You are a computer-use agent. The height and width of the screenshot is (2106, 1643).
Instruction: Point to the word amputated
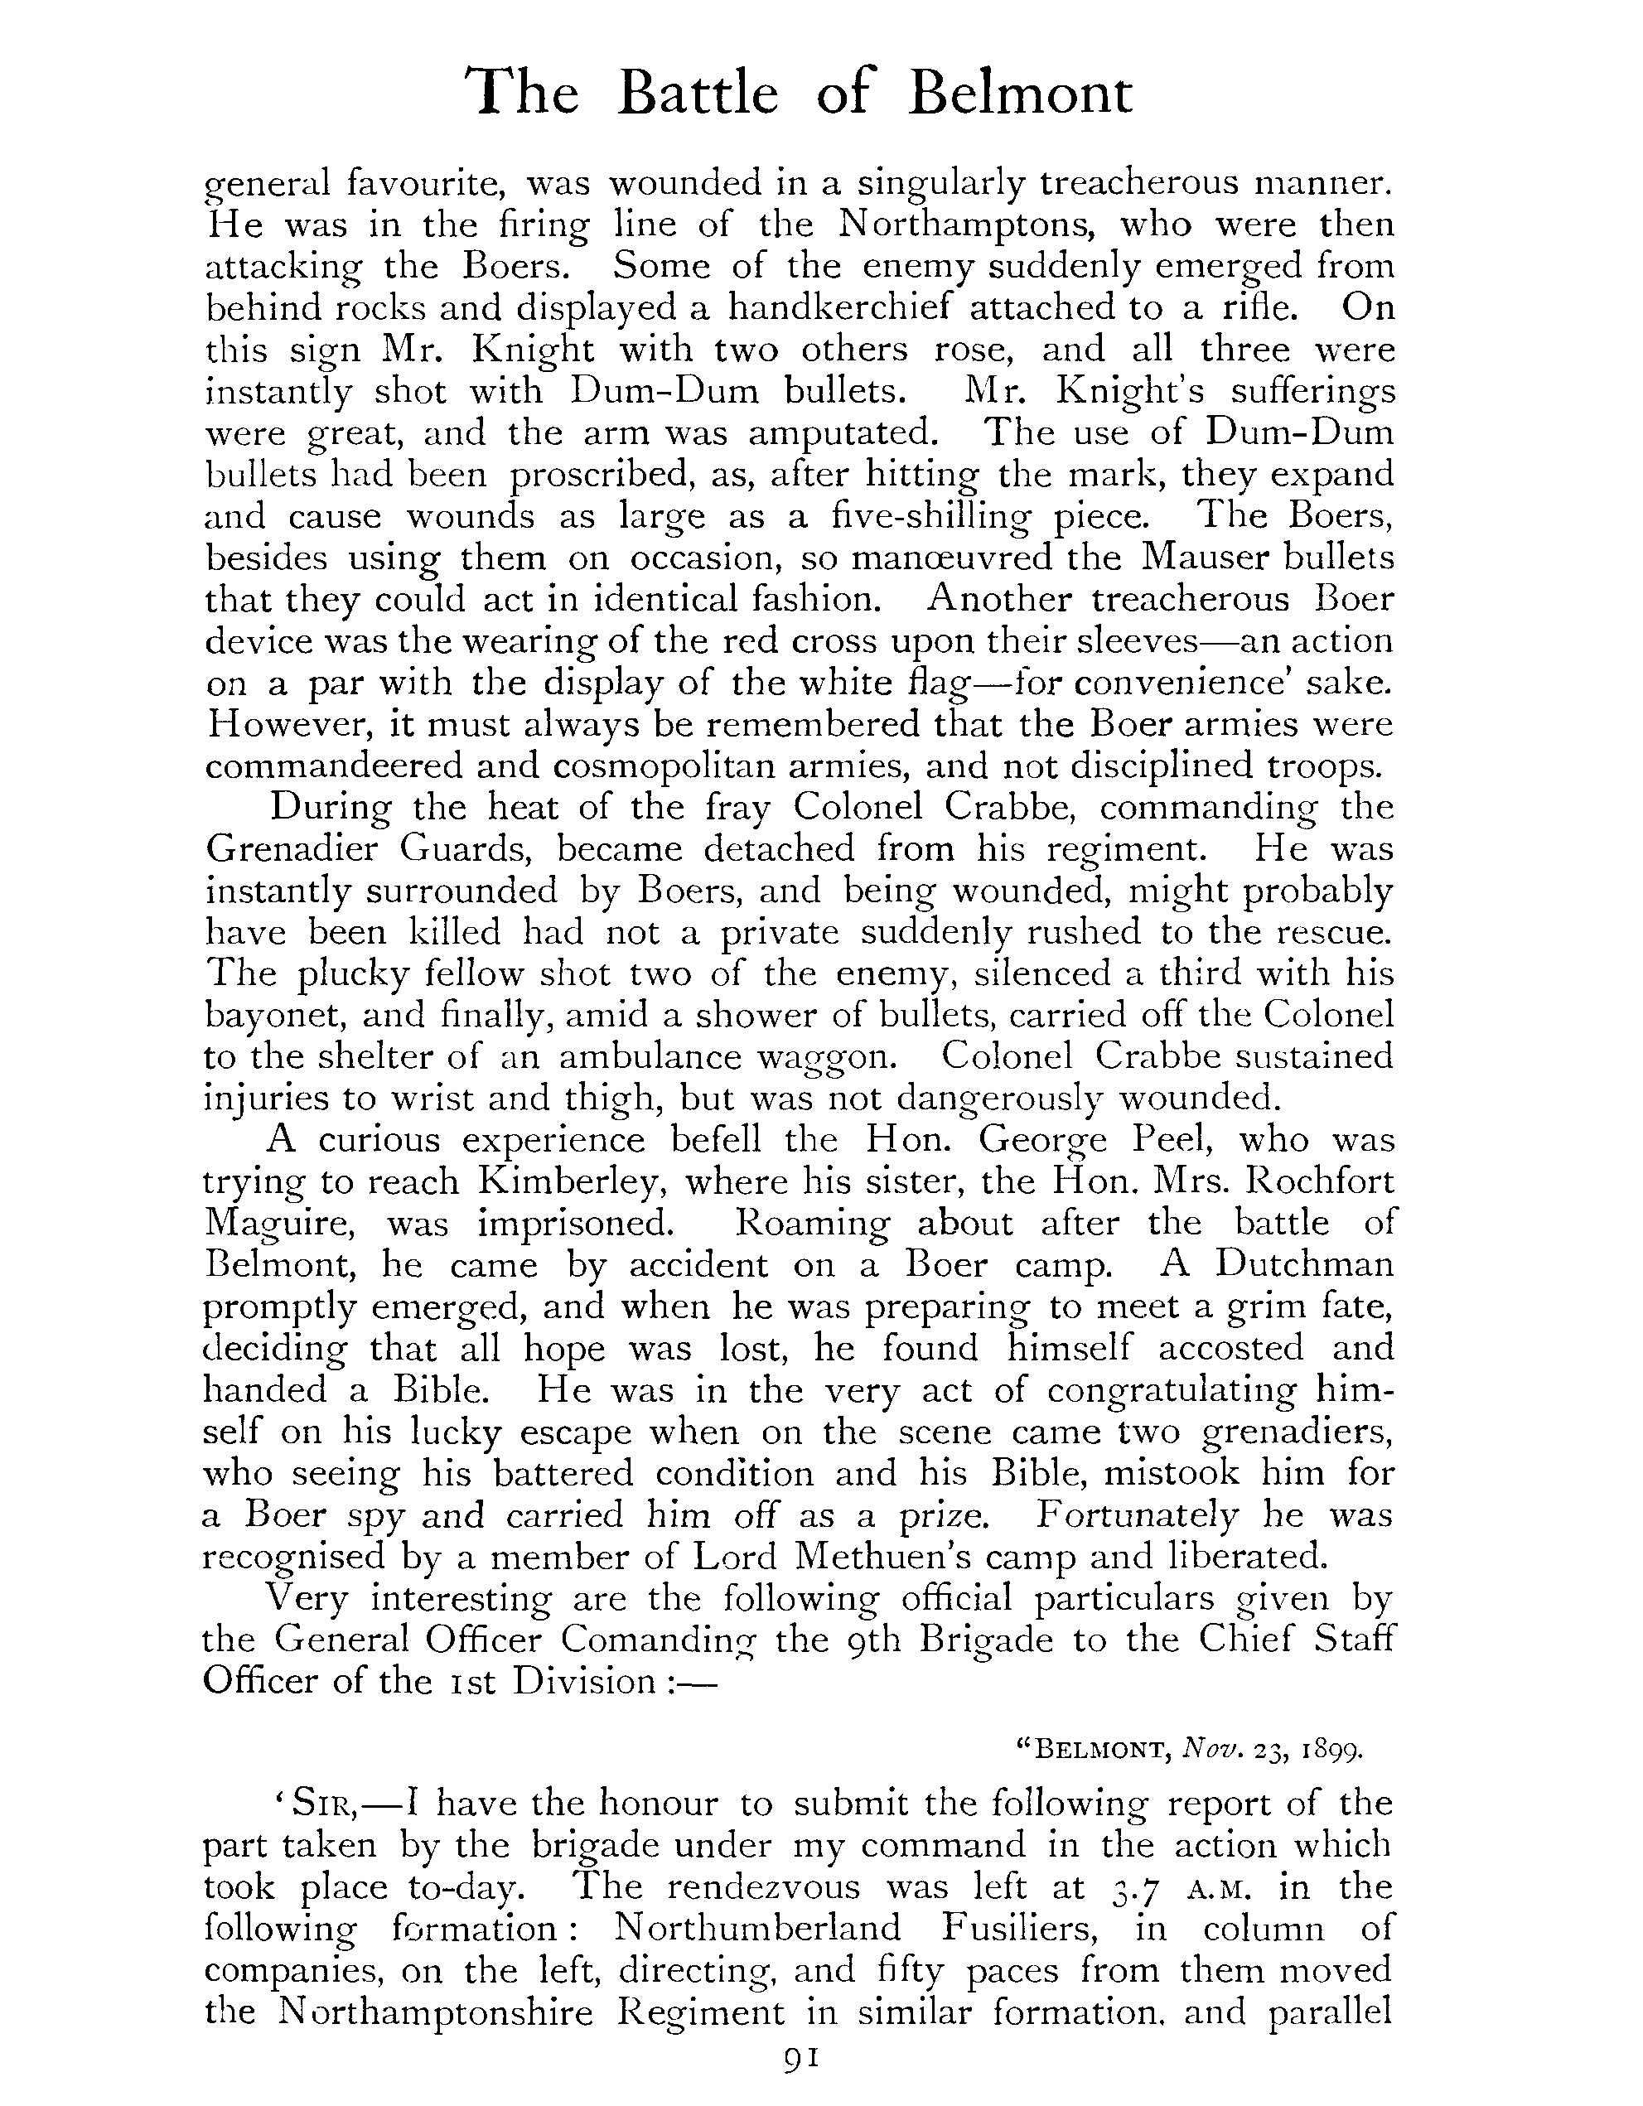click(x=842, y=433)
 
